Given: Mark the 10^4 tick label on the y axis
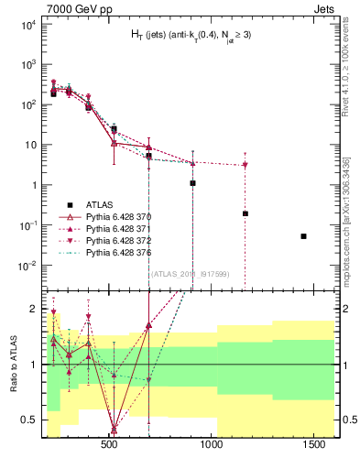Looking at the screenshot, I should tap(27, 25).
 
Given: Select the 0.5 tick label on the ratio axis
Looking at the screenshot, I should tap(30, 420).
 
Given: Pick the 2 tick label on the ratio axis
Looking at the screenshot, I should tap(35, 308).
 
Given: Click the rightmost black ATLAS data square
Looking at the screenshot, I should tap(303, 236).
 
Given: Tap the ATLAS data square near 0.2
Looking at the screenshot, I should tap(245, 213).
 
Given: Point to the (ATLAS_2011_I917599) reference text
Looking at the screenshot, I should tap(191, 274).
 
